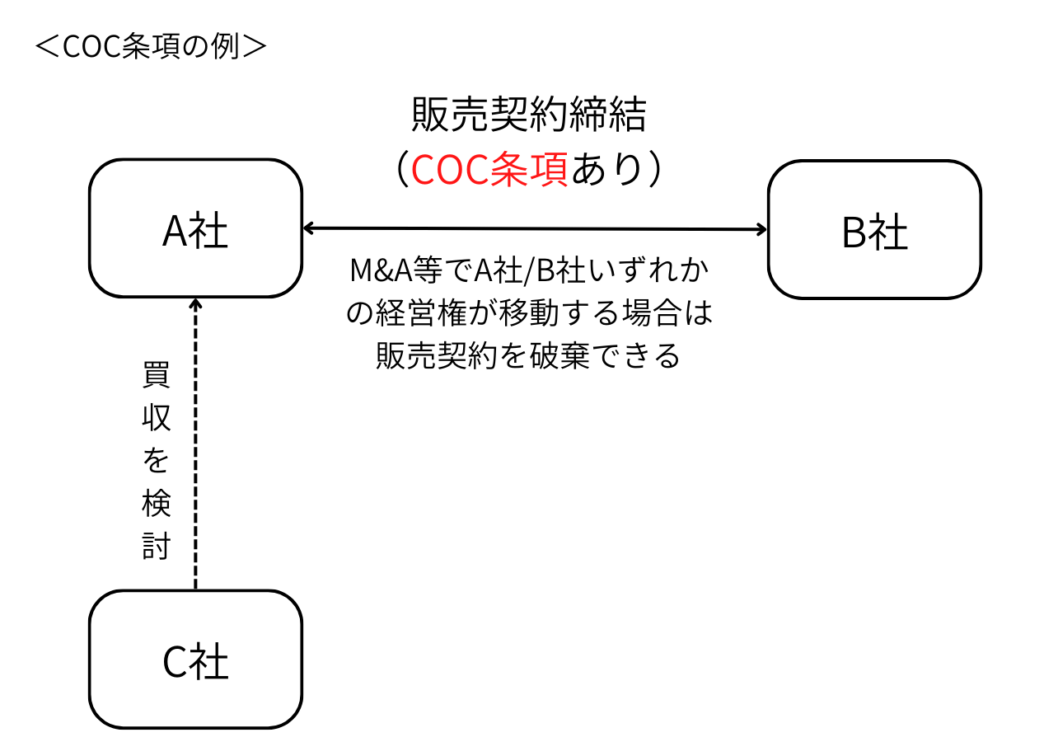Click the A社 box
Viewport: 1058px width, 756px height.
[195, 229]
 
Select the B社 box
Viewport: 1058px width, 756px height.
[874, 230]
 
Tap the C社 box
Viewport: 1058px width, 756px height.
[195, 660]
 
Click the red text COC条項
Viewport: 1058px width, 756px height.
[489, 170]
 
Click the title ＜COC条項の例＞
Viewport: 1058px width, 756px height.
[151, 47]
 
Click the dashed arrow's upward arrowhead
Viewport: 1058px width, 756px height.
[195, 304]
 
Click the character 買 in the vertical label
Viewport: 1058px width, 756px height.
[157, 375]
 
